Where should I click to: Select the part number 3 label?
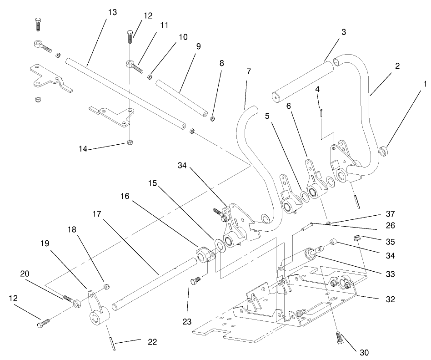tap(344, 32)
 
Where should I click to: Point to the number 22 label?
tap(152, 342)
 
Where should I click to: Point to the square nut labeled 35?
tap(357, 237)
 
